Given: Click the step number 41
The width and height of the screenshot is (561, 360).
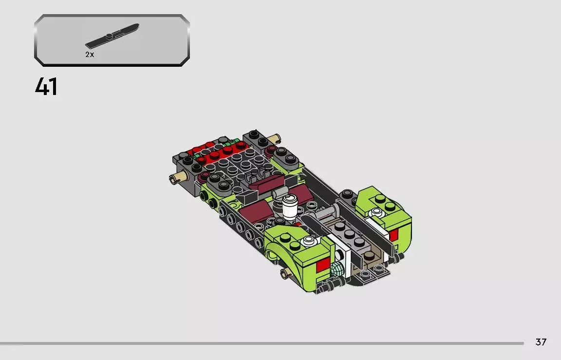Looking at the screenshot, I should pyautogui.click(x=46, y=87).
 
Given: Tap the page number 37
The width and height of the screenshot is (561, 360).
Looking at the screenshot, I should pyautogui.click(x=541, y=342).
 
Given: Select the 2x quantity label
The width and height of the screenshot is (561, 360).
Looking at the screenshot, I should pyautogui.click(x=90, y=55).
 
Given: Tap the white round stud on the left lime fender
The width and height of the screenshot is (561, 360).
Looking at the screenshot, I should pyautogui.click(x=307, y=240).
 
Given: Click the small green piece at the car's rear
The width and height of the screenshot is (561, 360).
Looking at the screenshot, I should pyautogui.click(x=236, y=142).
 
